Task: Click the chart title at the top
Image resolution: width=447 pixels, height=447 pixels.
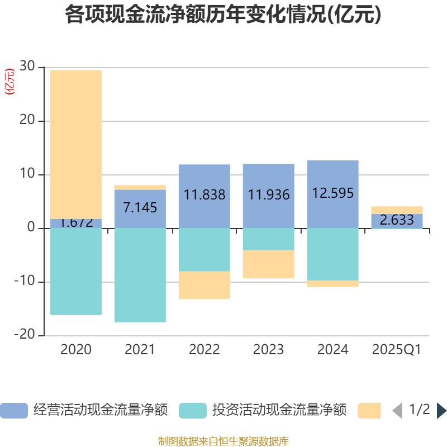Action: tap(223, 15)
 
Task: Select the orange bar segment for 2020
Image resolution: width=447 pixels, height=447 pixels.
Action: tap(76, 144)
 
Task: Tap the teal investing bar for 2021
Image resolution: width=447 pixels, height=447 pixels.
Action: tap(140, 275)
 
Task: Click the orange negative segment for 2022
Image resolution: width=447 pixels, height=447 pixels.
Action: tap(205, 286)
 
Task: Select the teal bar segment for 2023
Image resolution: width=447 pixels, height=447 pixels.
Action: tap(269, 239)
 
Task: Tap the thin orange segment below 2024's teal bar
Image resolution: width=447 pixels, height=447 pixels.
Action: tap(333, 284)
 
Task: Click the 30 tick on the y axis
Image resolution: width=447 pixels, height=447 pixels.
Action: tap(27, 67)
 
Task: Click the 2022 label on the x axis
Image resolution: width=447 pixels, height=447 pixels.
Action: tap(205, 350)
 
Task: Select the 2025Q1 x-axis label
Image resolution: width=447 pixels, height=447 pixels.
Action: tap(397, 350)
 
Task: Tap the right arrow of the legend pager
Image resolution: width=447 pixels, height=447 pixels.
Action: tap(441, 411)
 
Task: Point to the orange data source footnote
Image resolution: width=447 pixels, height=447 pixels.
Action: tap(223, 441)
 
